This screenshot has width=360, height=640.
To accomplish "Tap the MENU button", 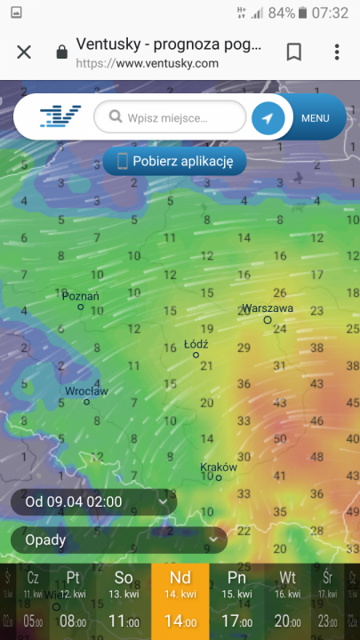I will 316,117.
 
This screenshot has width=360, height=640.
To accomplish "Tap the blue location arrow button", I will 268,117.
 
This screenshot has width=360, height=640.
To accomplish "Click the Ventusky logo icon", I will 60,116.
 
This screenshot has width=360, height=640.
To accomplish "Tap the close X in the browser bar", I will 24,52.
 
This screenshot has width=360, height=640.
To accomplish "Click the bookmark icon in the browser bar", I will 293,52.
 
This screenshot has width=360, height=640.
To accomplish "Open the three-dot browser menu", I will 337,52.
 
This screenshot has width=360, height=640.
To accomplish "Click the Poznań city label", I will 80,296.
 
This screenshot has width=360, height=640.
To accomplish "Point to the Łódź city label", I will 196,343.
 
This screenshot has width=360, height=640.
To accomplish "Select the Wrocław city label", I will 86,391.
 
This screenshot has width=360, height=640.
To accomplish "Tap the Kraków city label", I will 218,467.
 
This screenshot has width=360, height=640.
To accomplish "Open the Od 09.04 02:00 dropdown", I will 93,502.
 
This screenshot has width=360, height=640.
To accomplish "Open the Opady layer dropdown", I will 118,539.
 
